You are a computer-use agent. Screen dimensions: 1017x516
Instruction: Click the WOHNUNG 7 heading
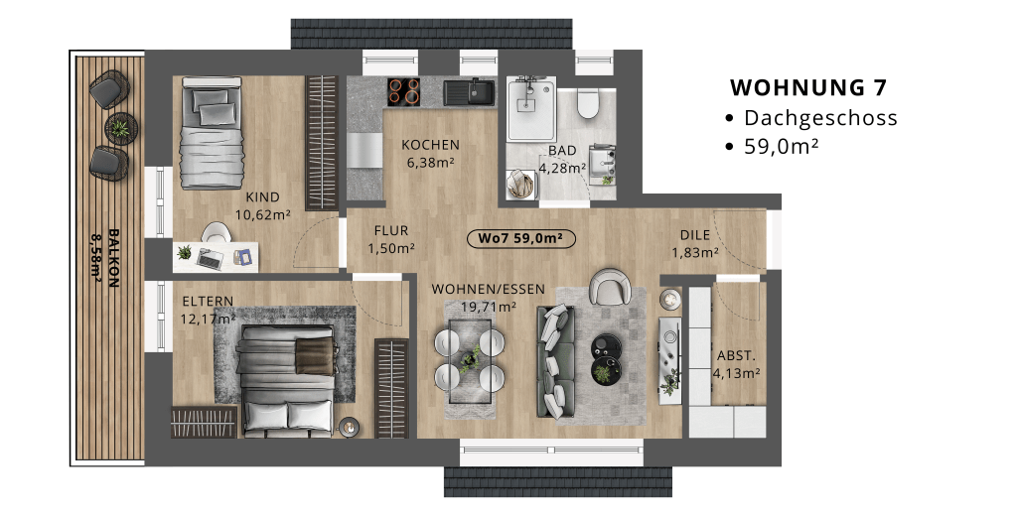pos(808,87)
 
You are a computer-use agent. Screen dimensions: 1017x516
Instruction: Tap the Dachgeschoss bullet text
pos(820,118)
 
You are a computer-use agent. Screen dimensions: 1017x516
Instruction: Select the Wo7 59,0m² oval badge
pos(520,238)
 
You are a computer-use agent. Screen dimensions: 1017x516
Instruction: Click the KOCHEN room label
pos(430,145)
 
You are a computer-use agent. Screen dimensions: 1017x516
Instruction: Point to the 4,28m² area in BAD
pos(562,168)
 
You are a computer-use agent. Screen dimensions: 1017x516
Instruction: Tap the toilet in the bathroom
pos(588,104)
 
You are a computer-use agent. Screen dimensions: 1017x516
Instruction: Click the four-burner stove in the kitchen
pos(403,91)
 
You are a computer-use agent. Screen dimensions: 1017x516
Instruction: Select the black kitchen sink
pos(469,91)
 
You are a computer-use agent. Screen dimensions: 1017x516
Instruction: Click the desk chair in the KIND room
pos(216,232)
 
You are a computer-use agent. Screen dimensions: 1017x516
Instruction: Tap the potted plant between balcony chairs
pos(121,127)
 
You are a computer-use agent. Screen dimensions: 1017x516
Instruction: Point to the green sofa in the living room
pos(555,362)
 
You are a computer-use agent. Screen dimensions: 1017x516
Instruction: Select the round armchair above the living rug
pos(609,286)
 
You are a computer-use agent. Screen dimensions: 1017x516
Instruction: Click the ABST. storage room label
pos(736,356)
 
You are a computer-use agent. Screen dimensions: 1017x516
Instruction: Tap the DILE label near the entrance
pos(694,235)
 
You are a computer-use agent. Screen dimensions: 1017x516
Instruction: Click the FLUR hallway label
pos(391,231)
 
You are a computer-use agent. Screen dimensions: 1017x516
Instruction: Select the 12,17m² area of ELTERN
pos(209,319)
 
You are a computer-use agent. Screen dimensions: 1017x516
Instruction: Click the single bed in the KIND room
pos(211,134)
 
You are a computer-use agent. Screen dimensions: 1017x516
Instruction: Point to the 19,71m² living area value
pos(489,306)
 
